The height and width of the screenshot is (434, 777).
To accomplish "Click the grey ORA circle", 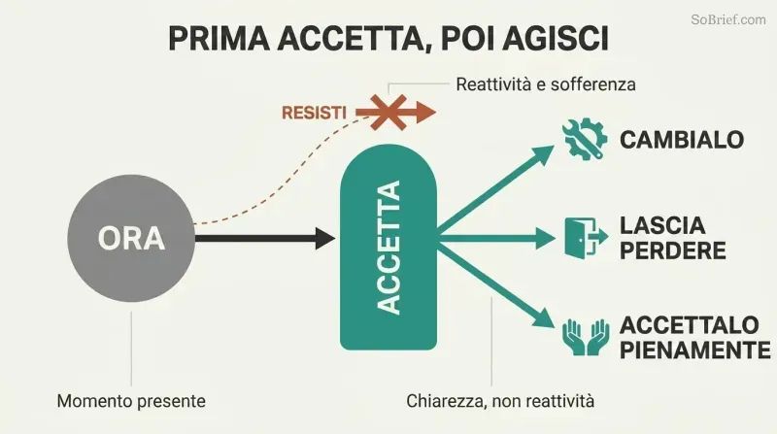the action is tap(131, 238).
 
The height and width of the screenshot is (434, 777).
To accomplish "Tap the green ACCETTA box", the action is tap(388, 247).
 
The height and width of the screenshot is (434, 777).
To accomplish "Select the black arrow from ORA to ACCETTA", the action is tap(265, 238).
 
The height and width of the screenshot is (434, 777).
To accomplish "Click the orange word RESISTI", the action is tap(314, 113).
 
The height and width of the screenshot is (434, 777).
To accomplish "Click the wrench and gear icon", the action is tap(585, 139).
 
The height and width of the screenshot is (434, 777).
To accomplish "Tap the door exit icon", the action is tap(586, 238).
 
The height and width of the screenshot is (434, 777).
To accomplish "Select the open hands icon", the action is tap(586, 337).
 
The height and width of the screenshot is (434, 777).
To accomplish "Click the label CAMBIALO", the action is tap(682, 140).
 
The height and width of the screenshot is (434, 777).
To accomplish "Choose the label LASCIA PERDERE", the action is tap(672, 238).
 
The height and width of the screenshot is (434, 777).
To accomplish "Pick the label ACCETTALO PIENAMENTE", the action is tap(694, 338).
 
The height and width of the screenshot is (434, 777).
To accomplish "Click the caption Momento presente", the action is tap(131, 401).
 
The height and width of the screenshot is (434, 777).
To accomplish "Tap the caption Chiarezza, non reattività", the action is tap(500, 401).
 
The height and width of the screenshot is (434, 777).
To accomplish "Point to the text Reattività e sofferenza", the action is tap(546, 84).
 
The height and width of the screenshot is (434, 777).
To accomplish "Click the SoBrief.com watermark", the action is tap(728, 19).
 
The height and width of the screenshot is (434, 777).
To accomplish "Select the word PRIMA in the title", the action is tap(220, 39).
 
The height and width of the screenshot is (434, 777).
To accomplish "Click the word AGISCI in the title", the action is tap(556, 39).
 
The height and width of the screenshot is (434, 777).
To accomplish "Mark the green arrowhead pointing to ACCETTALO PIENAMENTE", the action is tap(542, 318).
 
